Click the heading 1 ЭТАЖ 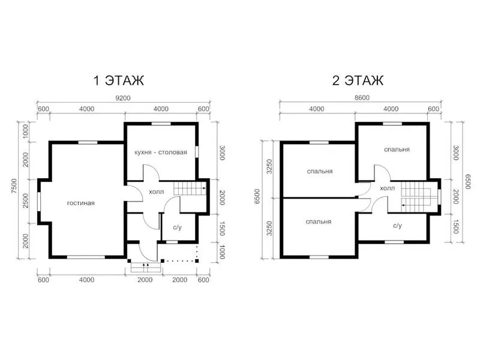coord(119,80)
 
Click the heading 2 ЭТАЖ coord(358,80)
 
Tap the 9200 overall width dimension coord(123,98)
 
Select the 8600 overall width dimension coord(362,98)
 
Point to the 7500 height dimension coord(14,186)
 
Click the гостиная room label coord(81,203)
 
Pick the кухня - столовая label coord(161,152)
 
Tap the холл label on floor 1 coord(156,192)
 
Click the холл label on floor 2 coord(387,188)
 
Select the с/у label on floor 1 coord(178,227)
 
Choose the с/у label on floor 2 coord(397,226)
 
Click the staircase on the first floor coord(190,188)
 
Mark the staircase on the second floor coord(416,197)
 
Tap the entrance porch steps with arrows coord(146,267)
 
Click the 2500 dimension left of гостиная coord(25,201)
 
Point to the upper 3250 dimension coord(269,167)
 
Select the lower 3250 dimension coord(269,229)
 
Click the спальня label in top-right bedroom coord(397,149)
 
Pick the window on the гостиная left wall coord(39,201)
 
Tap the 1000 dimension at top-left coord(25,131)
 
